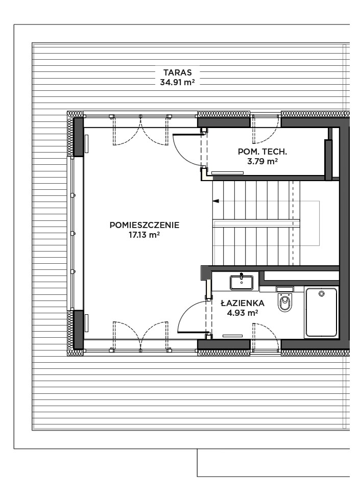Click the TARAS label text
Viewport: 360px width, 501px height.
[x=177, y=72]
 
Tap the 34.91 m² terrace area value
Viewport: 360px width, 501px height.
[x=177, y=82]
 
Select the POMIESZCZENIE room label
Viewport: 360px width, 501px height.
[x=145, y=225]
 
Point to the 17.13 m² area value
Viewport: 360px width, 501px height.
[x=144, y=235]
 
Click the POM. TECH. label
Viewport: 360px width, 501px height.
[x=262, y=152]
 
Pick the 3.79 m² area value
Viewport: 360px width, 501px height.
[x=262, y=161]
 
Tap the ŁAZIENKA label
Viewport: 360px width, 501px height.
[x=243, y=303]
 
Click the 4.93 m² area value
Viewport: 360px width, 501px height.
[x=243, y=312]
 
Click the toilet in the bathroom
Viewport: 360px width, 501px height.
[x=285, y=302]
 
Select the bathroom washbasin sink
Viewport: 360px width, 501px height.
[x=242, y=283]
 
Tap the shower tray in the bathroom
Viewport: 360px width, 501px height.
[x=321, y=312]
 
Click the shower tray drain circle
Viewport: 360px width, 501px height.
[x=321, y=293]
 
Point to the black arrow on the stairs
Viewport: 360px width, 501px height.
[x=216, y=201]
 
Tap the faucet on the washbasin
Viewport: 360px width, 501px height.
[x=242, y=276]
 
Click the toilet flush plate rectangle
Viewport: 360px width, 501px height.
[x=285, y=289]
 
